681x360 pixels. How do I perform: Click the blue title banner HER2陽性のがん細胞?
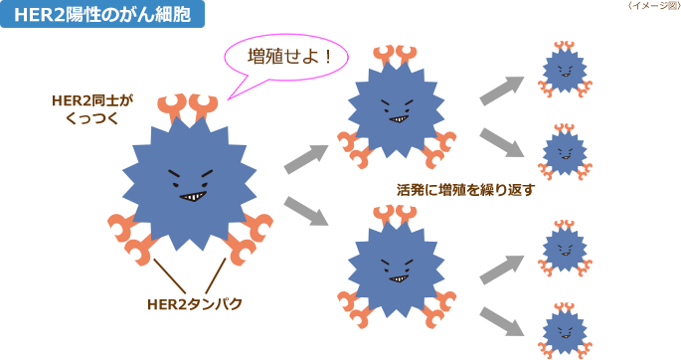pyautogui.click(x=102, y=14)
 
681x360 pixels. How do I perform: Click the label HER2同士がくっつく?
pyautogui.click(x=91, y=109)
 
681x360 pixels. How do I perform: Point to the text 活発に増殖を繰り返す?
pyautogui.click(x=465, y=189)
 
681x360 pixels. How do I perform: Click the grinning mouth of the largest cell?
pyautogui.click(x=191, y=195)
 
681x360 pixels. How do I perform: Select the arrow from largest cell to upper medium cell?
pyautogui.click(x=305, y=158)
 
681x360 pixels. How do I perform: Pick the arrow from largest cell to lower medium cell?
pyautogui.click(x=305, y=211)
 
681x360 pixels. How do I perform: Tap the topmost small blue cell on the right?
pyautogui.click(x=565, y=71)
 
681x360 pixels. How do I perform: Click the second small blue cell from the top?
pyautogui.click(x=565, y=152)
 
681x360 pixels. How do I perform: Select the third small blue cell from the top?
pyautogui.click(x=565, y=246)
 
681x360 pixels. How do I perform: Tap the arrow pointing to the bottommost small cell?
pyautogui.click(x=502, y=321)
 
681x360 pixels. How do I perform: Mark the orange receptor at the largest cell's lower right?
pyautogui.click(x=250, y=235)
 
